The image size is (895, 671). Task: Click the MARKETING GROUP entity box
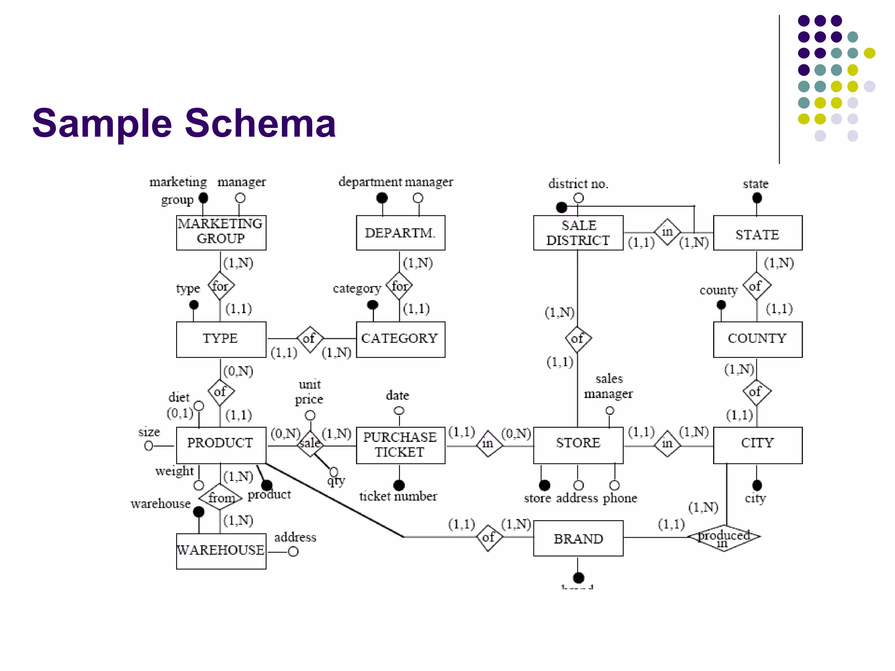tap(221, 232)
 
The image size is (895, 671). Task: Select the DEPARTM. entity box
tap(400, 232)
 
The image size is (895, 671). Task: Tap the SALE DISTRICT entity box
tap(578, 232)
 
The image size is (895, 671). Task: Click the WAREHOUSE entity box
tap(221, 551)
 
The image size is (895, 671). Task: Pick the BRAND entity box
tap(578, 538)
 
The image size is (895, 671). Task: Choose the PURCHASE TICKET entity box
tap(400, 445)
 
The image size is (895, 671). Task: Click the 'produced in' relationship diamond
tap(724, 537)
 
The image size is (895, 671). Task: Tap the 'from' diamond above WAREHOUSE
tap(220, 497)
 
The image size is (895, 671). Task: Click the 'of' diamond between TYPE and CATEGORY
tap(309, 339)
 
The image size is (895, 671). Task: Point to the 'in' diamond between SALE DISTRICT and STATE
tap(667, 232)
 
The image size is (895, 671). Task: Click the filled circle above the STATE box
tap(757, 198)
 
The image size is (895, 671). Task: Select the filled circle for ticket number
tap(399, 485)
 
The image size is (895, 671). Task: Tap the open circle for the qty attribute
tap(334, 471)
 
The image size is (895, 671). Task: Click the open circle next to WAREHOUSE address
tap(293, 552)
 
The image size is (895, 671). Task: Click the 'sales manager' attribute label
tap(608, 386)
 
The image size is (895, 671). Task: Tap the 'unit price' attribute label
tap(309, 391)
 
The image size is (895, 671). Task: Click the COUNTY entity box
tap(757, 339)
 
